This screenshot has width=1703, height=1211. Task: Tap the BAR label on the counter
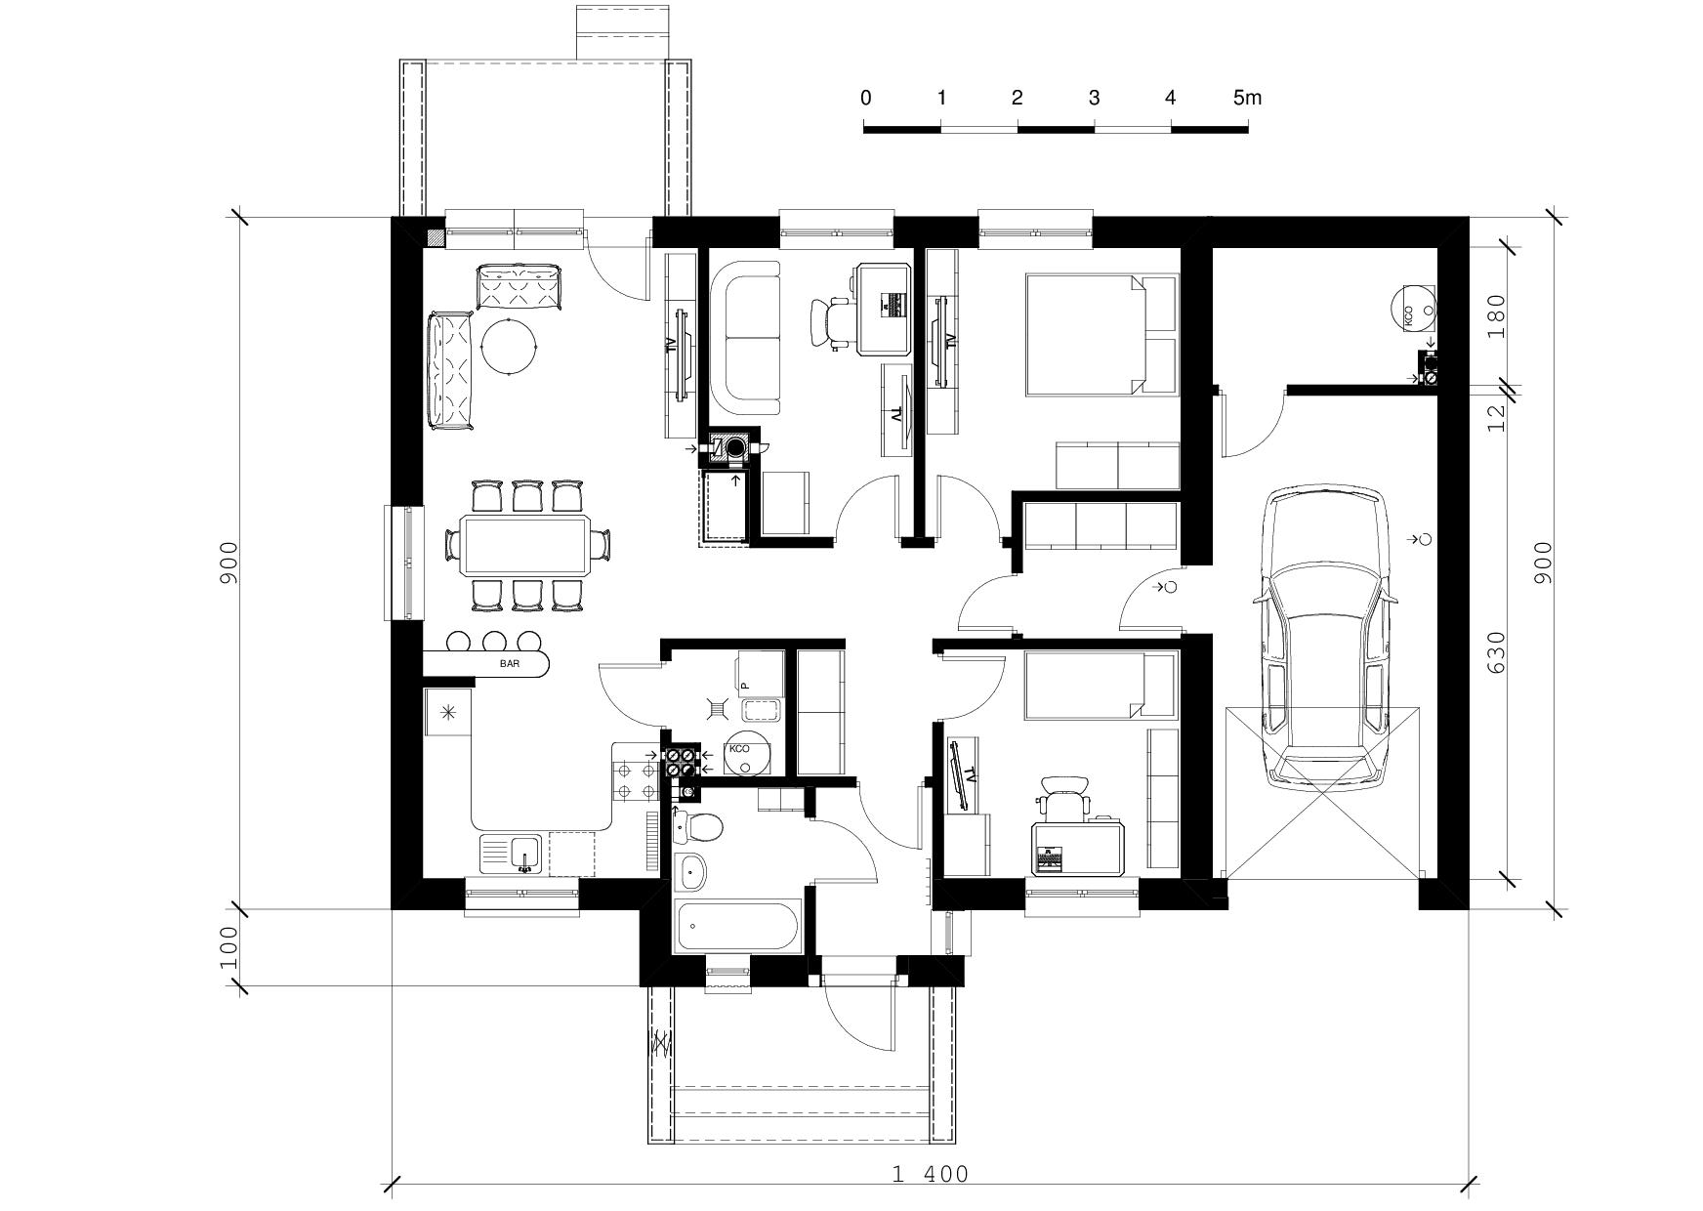[x=510, y=664]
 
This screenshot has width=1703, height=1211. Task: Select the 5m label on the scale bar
[x=1247, y=98]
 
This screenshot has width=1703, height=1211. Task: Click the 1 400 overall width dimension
[x=931, y=1174]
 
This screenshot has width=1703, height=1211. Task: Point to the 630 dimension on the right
[x=1495, y=653]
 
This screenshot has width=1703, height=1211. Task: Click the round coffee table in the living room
[x=510, y=346]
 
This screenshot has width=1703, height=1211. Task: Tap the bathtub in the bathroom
[x=738, y=925]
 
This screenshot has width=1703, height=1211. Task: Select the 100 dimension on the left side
[x=228, y=947]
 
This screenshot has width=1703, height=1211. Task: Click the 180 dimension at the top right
[x=1495, y=314]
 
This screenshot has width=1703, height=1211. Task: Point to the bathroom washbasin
[x=692, y=871]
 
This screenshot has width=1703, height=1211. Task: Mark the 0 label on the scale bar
[x=866, y=98]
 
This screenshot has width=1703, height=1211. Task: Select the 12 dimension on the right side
[x=1495, y=418]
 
